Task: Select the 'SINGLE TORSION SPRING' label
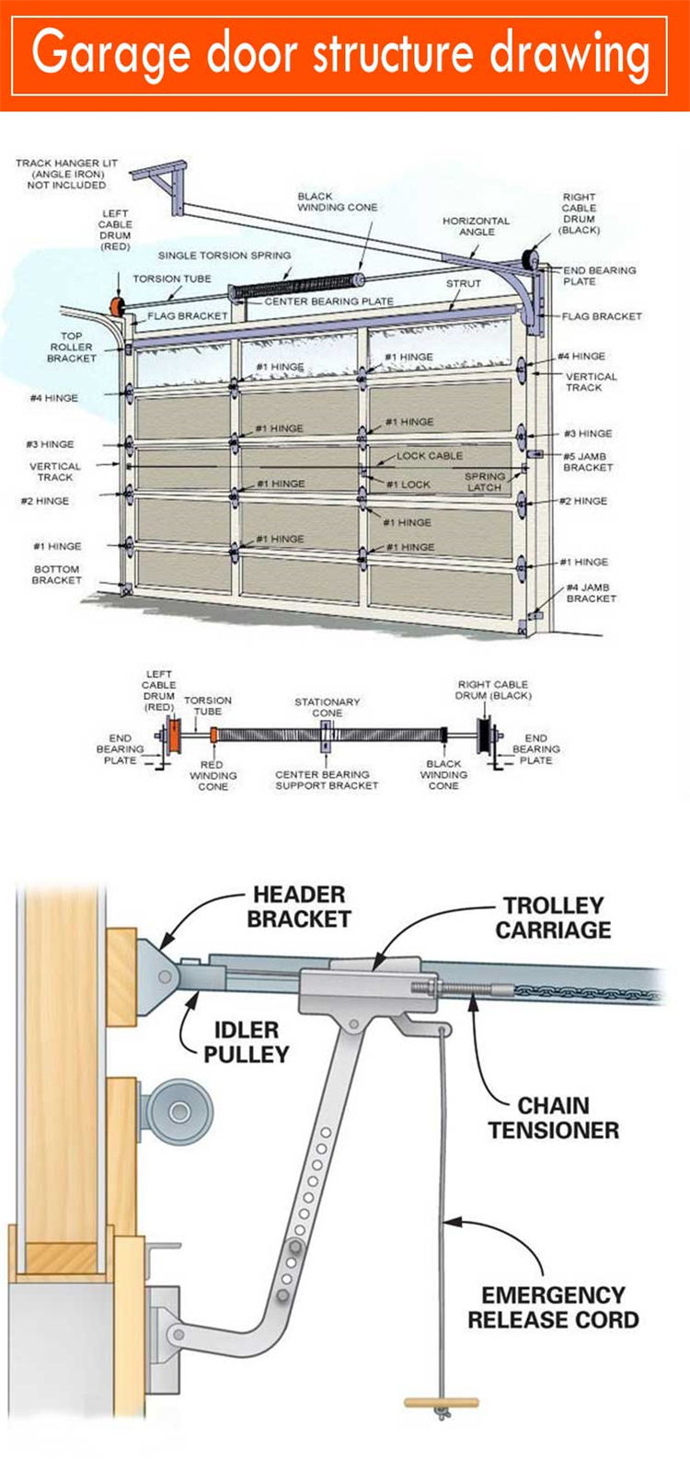(224, 256)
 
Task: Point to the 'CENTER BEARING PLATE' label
(328, 302)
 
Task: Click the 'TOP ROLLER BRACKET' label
(71, 347)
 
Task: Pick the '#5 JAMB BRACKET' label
(588, 462)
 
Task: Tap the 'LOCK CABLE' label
(429, 456)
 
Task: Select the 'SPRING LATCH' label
(485, 482)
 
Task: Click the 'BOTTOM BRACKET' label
(57, 575)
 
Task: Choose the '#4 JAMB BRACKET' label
(591, 593)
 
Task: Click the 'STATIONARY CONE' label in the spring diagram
(327, 707)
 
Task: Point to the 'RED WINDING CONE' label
(213, 775)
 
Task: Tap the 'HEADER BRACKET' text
(299, 907)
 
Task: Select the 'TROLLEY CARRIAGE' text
(553, 918)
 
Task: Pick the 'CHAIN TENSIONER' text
(553, 1117)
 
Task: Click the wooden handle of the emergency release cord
(442, 1403)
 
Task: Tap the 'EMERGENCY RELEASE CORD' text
(552, 1307)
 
